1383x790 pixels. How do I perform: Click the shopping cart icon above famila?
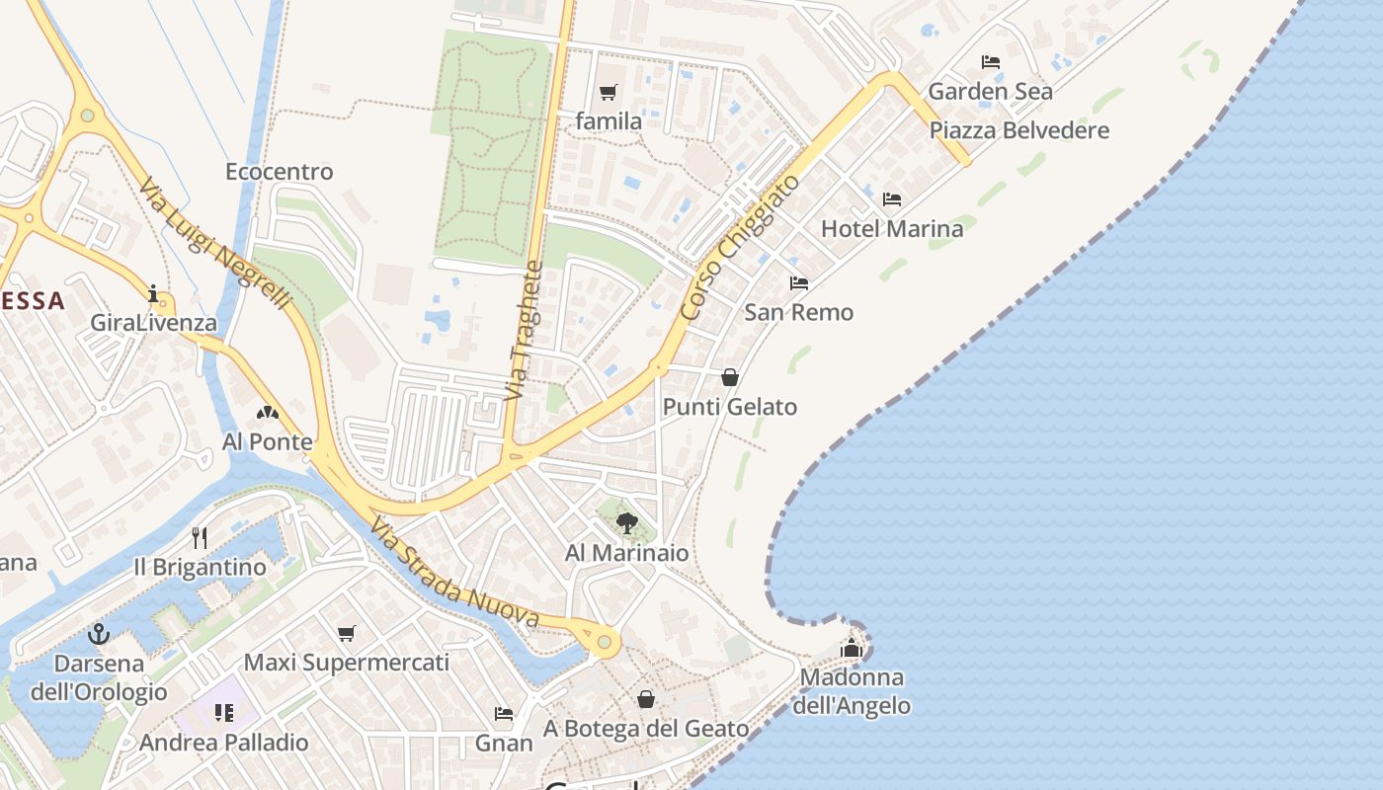click(x=609, y=93)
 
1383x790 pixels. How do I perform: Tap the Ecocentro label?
click(x=280, y=172)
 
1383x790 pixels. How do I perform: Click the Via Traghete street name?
click(x=525, y=330)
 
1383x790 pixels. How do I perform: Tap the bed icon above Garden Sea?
click(x=991, y=62)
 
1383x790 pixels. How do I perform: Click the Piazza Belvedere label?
click(x=1019, y=130)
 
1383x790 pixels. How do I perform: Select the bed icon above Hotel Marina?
click(x=892, y=199)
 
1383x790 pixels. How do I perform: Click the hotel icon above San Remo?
click(x=799, y=283)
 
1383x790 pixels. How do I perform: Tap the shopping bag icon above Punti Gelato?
click(x=730, y=377)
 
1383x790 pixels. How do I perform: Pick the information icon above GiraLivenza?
click(x=153, y=293)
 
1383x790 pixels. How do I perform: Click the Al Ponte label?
click(x=268, y=441)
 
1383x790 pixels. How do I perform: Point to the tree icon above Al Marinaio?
click(x=626, y=523)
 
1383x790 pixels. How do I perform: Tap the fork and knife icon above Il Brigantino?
click(x=200, y=537)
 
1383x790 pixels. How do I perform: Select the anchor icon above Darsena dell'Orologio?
click(x=98, y=634)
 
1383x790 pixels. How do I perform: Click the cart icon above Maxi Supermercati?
click(x=346, y=633)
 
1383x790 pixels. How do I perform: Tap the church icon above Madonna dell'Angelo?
click(x=852, y=648)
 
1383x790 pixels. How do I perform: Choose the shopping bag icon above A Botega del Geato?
click(x=646, y=699)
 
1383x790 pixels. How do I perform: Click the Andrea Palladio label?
click(x=224, y=743)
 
